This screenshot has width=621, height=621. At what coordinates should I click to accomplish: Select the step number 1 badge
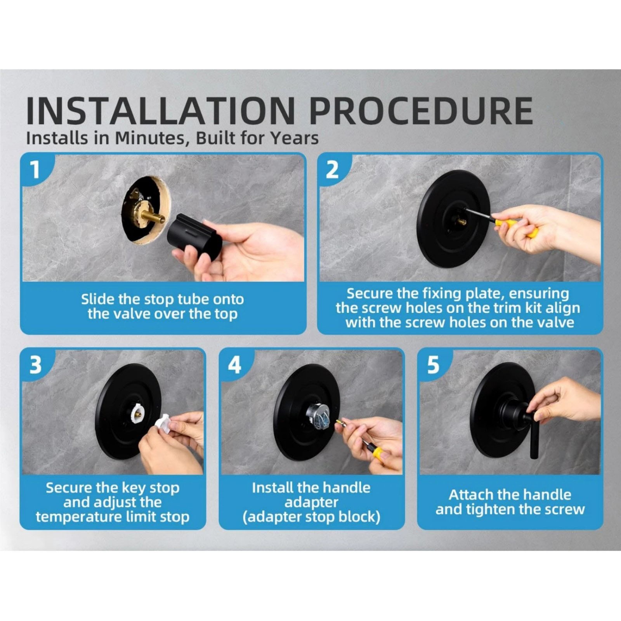35,170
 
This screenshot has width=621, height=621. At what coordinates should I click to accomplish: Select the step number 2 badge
332,170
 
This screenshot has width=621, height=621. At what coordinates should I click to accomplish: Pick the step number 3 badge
35,365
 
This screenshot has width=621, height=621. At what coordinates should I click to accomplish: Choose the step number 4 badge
234,365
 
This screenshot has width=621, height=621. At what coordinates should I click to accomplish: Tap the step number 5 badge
433,365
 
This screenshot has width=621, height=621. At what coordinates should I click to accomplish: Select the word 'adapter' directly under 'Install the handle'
311,502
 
